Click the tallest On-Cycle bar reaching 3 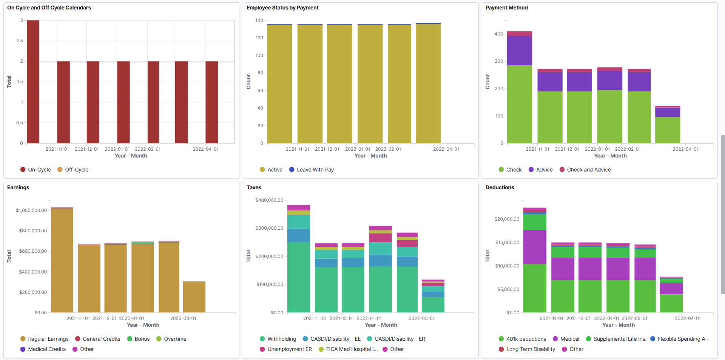pos(33,82)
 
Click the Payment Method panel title pos(506,8)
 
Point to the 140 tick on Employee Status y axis pos(259,20)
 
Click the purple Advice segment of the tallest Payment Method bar pos(519,51)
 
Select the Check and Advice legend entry pos(588,170)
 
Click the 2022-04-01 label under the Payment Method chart pos(685,149)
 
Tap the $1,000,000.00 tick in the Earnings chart pos(31,210)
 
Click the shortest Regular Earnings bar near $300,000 pos(194,297)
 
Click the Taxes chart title pos(254,187)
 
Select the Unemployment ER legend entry pos(289,349)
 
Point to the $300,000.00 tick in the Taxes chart pos(269,228)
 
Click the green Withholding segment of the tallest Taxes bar pos(298,277)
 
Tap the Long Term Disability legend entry pos(530,349)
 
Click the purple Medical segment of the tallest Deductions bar pos(534,247)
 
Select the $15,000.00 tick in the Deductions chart pos(507,243)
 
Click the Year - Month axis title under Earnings pos(143,325)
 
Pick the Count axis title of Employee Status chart pos(248,82)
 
